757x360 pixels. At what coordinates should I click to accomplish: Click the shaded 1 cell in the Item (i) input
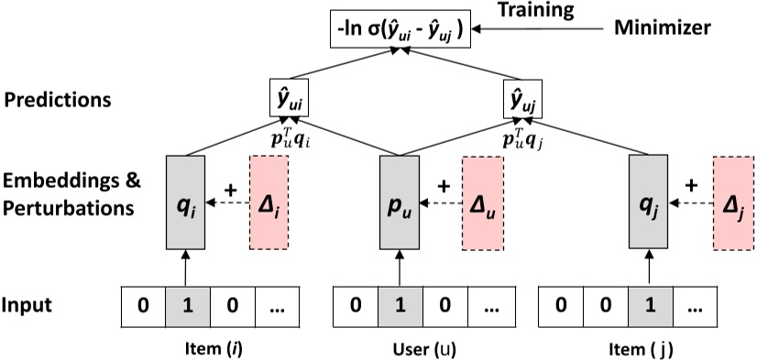click(188, 307)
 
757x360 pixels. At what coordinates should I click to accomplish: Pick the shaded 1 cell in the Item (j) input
click(649, 307)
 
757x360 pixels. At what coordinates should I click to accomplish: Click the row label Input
click(35, 304)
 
